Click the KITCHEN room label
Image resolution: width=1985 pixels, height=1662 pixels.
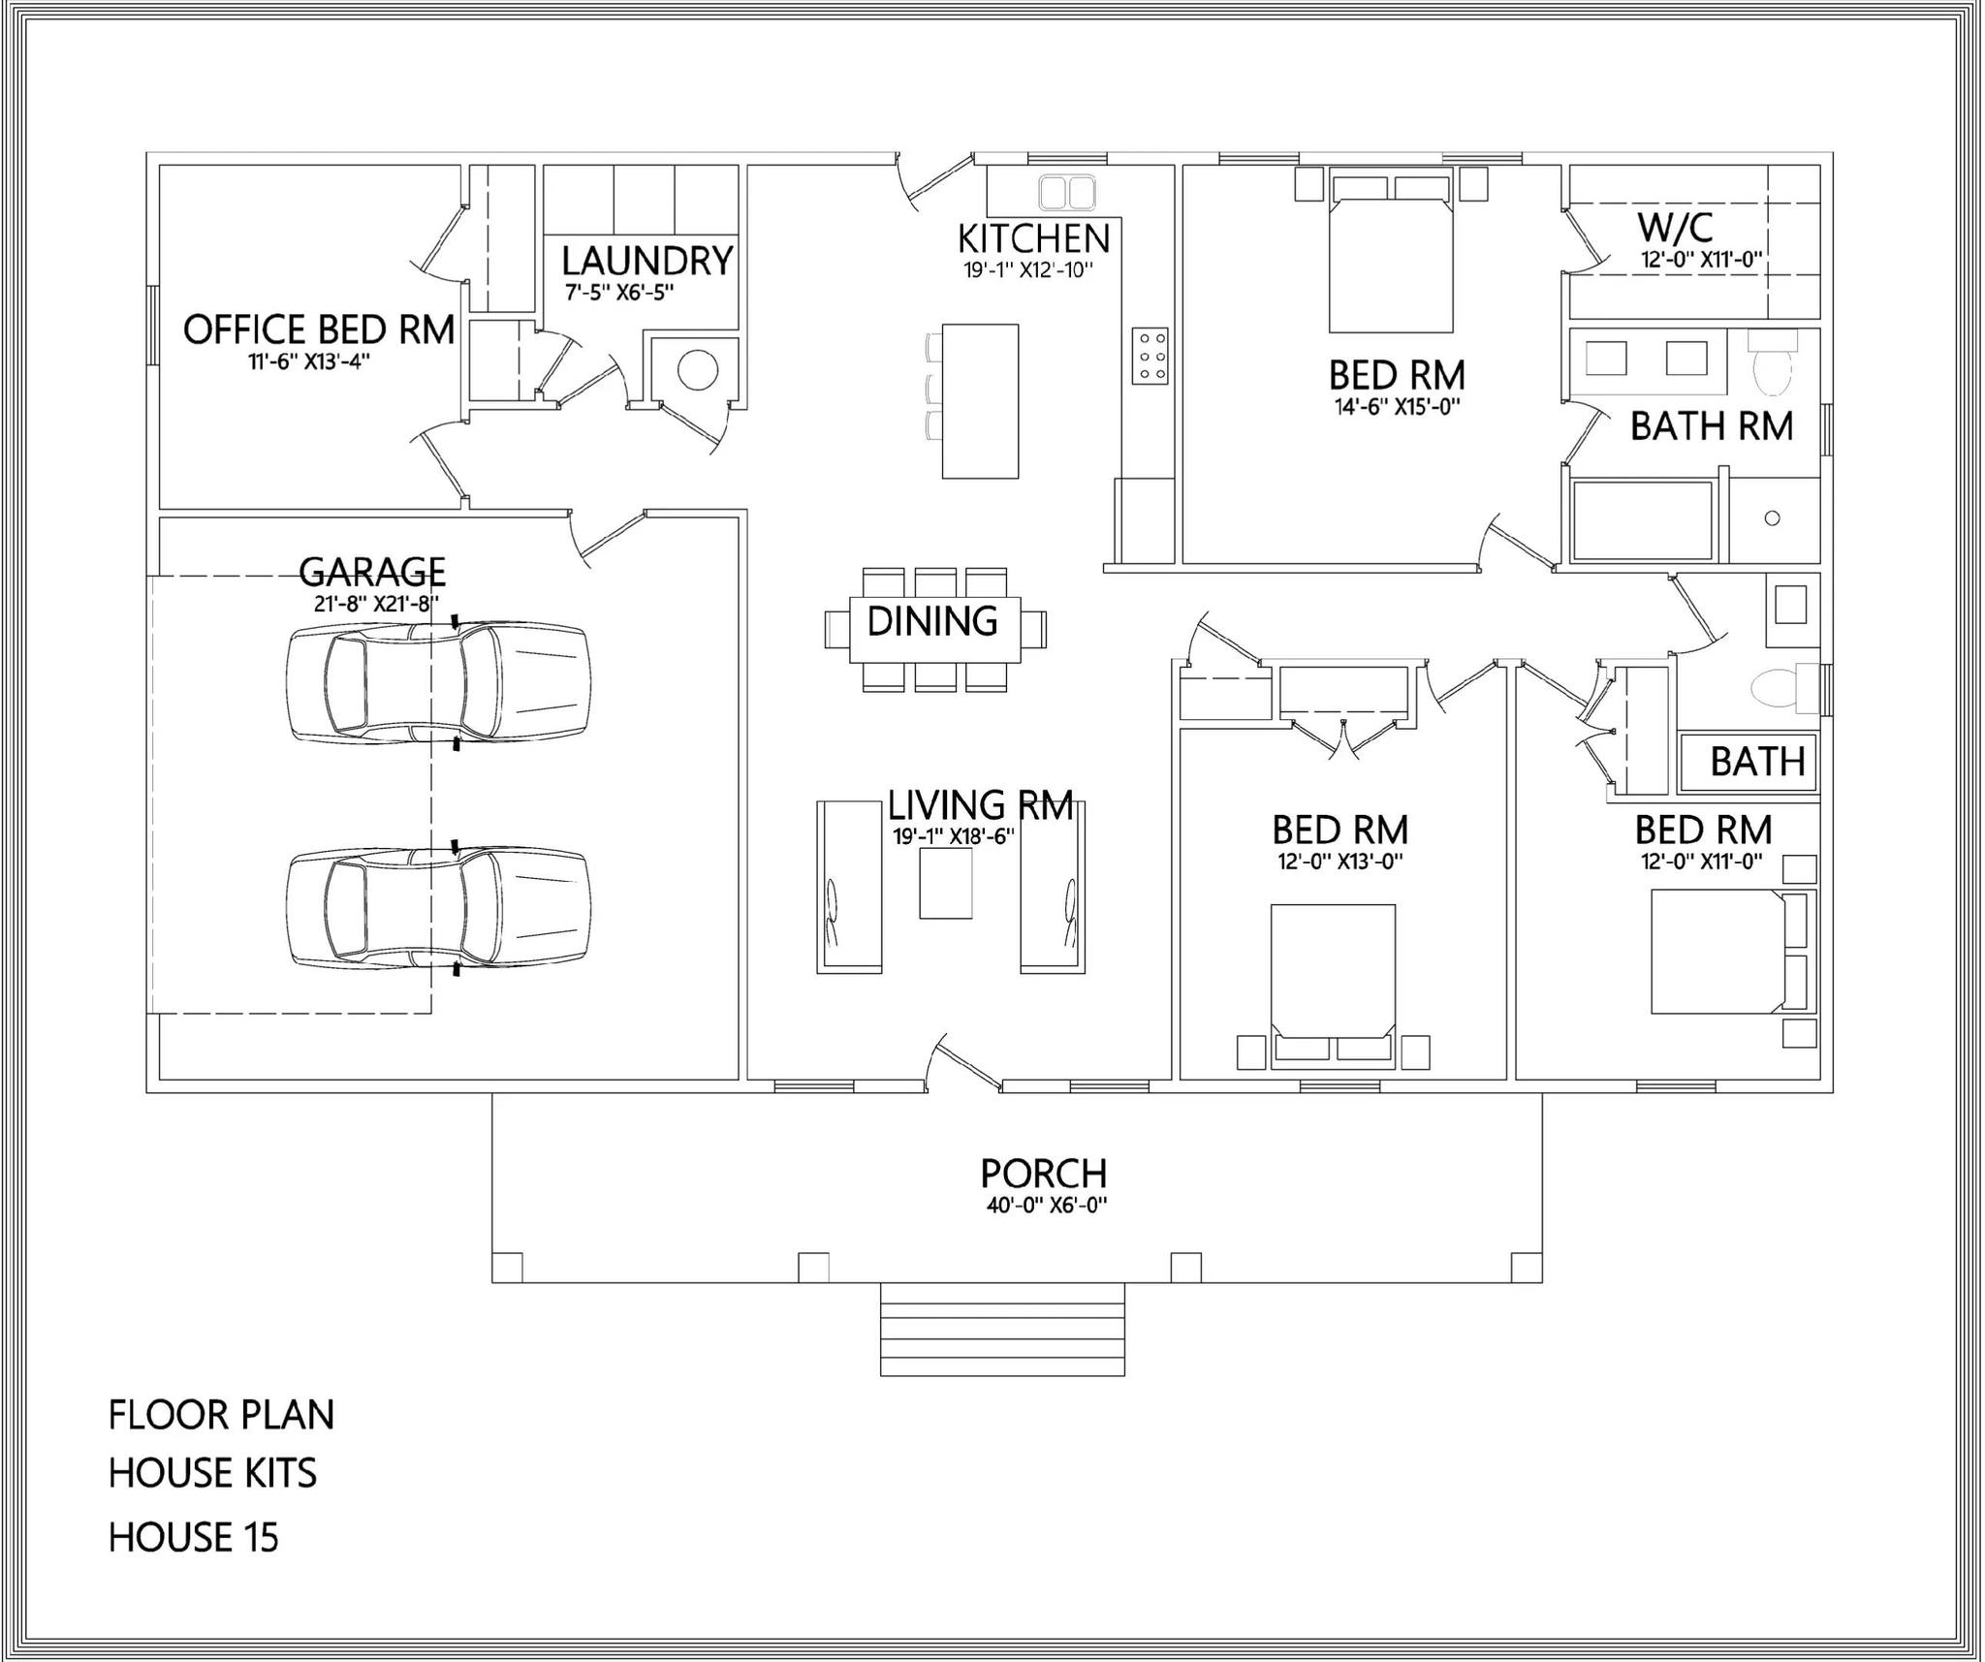click(1033, 238)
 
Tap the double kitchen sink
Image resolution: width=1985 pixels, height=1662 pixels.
click(1066, 192)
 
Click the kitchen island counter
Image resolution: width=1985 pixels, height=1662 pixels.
click(980, 401)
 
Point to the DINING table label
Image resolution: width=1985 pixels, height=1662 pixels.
click(932, 621)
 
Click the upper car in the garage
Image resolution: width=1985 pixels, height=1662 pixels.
click(437, 682)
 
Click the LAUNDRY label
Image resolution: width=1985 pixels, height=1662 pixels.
click(646, 261)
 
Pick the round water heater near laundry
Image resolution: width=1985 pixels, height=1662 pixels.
click(697, 369)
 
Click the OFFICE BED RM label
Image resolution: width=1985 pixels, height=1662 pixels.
click(319, 329)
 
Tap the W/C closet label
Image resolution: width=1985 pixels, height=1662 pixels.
click(1675, 228)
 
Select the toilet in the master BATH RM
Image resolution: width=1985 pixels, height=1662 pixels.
click(1774, 367)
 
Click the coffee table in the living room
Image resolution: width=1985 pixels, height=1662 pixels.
click(945, 883)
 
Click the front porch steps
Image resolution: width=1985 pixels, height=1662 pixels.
click(1002, 1329)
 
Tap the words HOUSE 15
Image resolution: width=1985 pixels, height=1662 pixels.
click(193, 1538)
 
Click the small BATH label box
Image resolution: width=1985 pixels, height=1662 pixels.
click(1756, 762)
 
